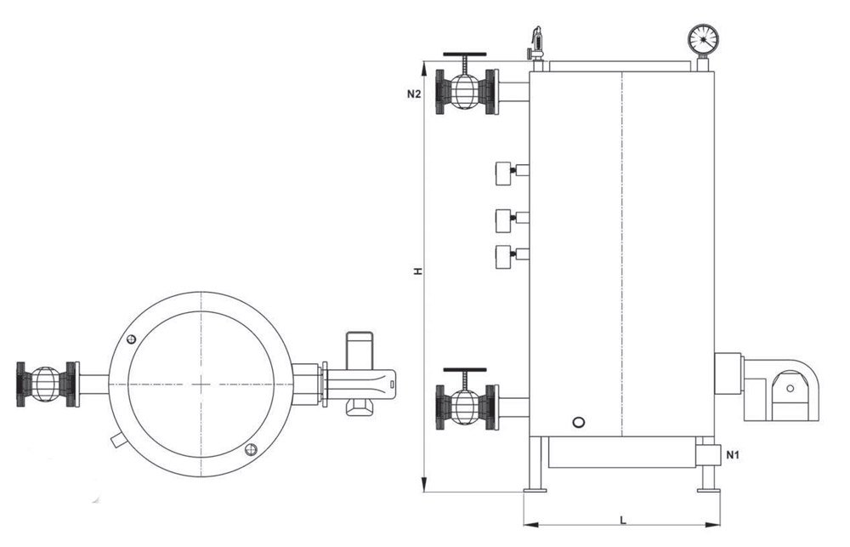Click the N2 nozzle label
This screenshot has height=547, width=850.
click(413, 94)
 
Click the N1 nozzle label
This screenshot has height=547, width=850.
click(732, 457)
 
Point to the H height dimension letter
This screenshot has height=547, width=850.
click(417, 271)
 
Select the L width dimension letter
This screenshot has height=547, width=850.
click(623, 519)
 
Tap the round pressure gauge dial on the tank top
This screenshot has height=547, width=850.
click(703, 38)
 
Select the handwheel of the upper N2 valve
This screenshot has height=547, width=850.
click(464, 57)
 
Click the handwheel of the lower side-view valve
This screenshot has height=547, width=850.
click(464, 371)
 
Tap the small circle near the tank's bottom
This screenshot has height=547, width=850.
click(579, 421)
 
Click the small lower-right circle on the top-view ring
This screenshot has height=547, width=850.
click(250, 449)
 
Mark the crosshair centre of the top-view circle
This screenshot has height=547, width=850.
click(201, 384)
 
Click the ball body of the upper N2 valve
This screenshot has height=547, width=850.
click(464, 91)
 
